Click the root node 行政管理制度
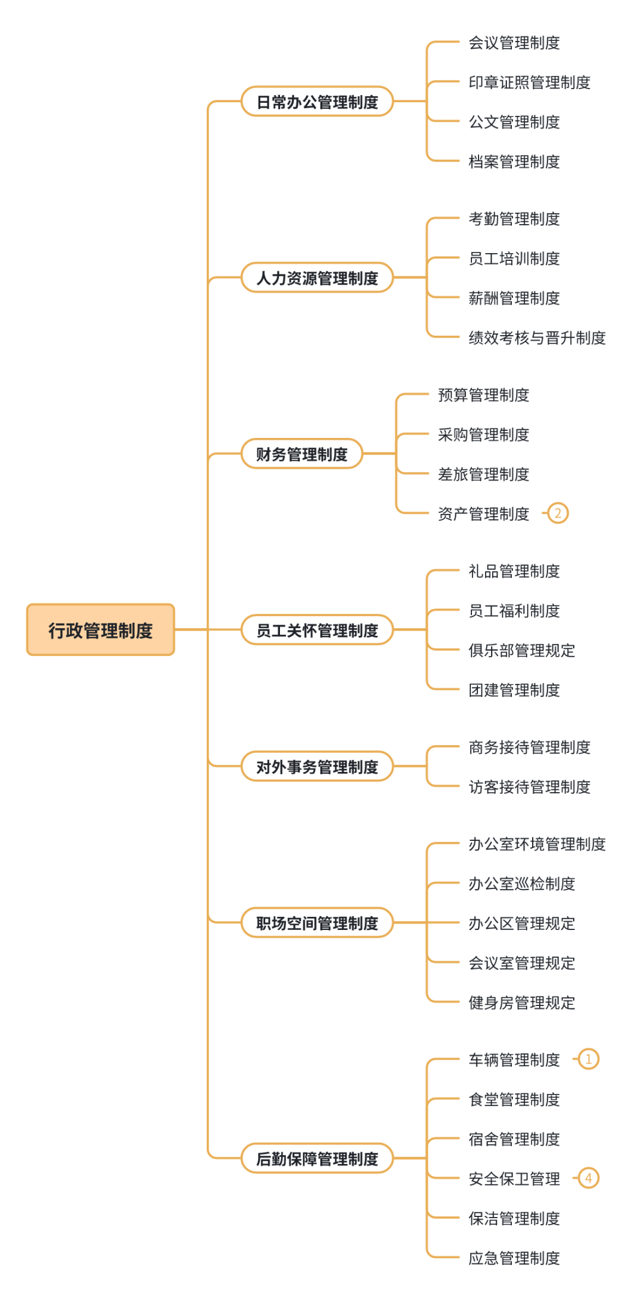tap(100, 630)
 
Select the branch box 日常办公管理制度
tap(317, 102)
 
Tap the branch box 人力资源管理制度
tap(317, 278)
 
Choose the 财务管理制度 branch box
tap(302, 454)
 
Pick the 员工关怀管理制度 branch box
tap(317, 630)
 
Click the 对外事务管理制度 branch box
tap(317, 767)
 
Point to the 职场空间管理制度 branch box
tap(317, 923)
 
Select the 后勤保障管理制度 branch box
tap(317, 1158)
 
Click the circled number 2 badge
tap(558, 513)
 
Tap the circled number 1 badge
tap(588, 1059)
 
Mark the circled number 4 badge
tap(588, 1178)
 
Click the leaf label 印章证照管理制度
tap(529, 82)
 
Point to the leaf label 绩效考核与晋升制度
tap(537, 338)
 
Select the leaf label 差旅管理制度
tap(483, 474)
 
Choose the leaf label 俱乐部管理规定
tap(521, 650)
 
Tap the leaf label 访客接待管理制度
tap(529, 787)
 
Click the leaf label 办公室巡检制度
tap(521, 884)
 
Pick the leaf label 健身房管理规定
tap(521, 1002)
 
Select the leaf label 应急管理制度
tap(514, 1258)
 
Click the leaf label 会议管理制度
tap(514, 43)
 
